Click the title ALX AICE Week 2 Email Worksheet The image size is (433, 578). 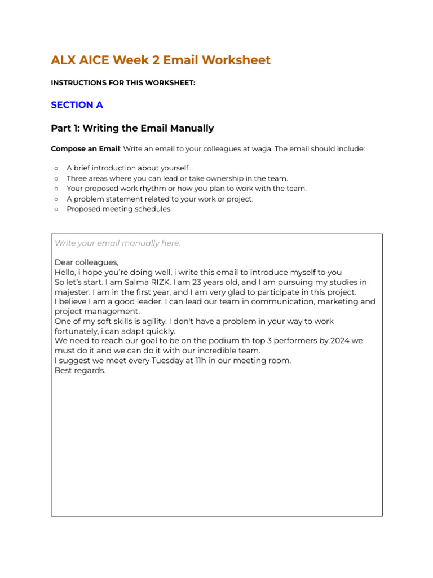click(161, 60)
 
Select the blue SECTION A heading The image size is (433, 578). click(77, 105)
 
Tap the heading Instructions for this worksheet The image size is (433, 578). click(123, 83)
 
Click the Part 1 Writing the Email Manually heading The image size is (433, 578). click(132, 128)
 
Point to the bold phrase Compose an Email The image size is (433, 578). click(85, 149)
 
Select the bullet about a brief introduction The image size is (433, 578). click(128, 168)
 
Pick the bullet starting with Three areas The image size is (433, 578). click(177, 178)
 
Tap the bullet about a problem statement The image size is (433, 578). click(160, 199)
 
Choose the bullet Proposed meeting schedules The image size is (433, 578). click(119, 209)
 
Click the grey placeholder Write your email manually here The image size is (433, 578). click(117, 243)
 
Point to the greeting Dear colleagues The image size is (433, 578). click(86, 262)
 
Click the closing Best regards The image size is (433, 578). click(80, 371)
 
